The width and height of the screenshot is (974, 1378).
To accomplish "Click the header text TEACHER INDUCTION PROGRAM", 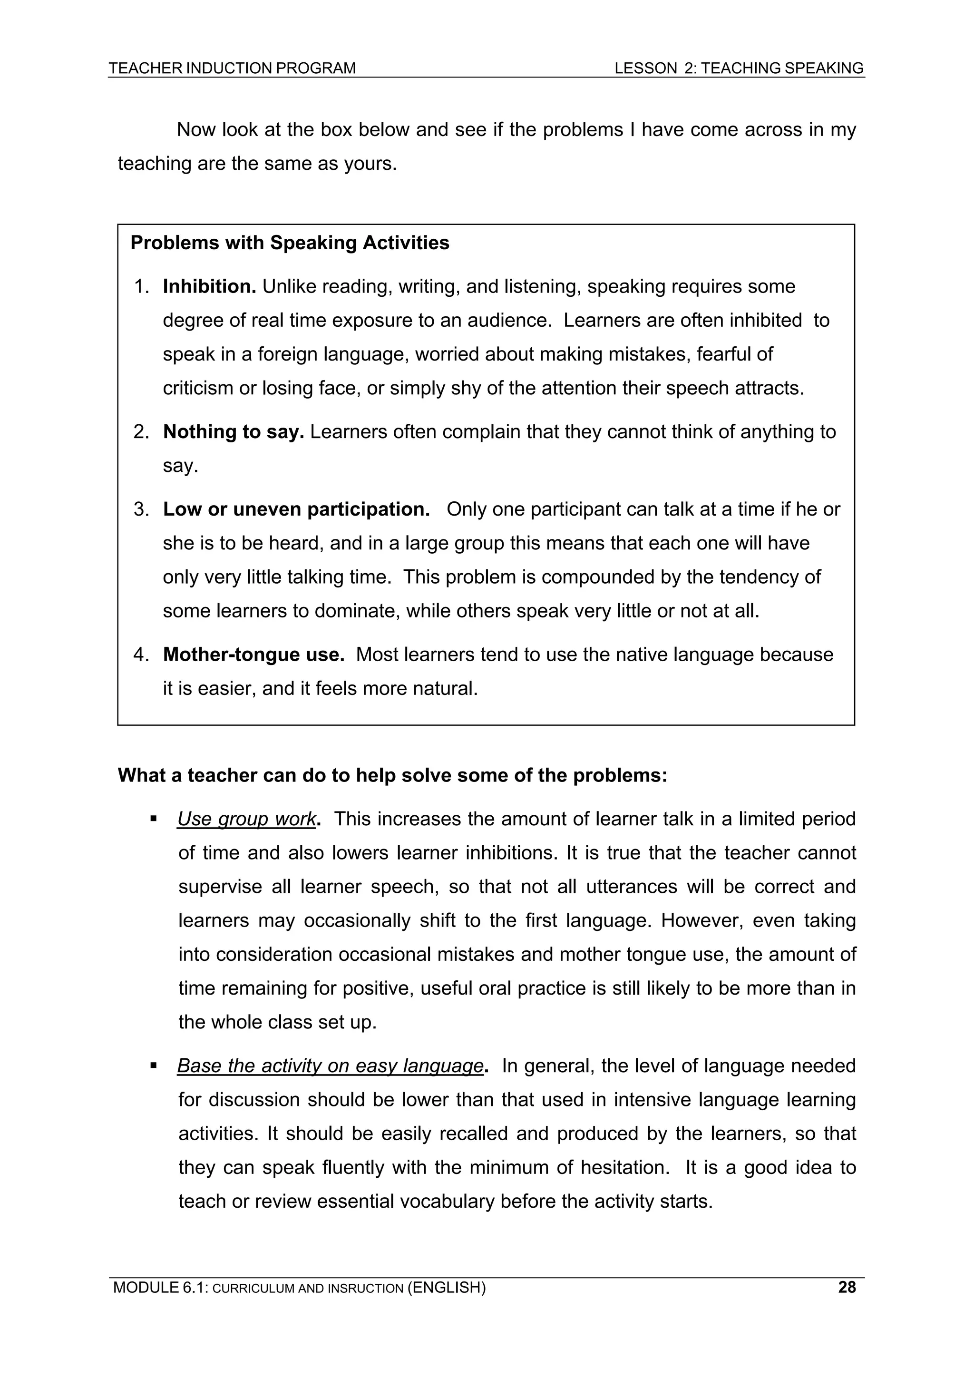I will tap(232, 68).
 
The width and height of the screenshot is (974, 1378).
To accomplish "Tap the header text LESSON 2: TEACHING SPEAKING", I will tap(739, 68).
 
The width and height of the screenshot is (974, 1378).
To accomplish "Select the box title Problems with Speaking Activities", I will tap(289, 243).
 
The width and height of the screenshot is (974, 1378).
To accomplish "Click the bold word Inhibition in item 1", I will tap(209, 287).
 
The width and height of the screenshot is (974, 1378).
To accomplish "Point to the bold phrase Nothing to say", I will tap(234, 432).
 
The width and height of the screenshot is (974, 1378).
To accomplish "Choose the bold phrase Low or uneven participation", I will tap(296, 509).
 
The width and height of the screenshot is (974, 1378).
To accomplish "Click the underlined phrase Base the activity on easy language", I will tap(330, 1066).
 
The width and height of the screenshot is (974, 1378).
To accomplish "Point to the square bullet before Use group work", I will tap(154, 819).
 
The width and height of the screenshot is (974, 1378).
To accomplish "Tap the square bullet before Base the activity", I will tap(154, 1066).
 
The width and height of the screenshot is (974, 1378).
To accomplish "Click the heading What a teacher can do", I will tap(392, 775).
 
